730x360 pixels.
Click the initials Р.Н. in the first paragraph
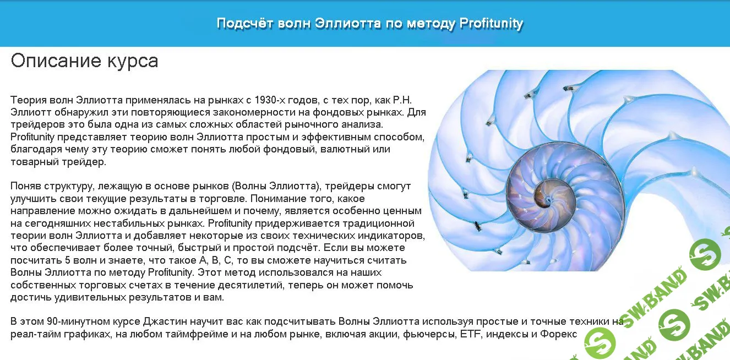[x=402, y=100]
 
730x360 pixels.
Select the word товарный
[x=32, y=162]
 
